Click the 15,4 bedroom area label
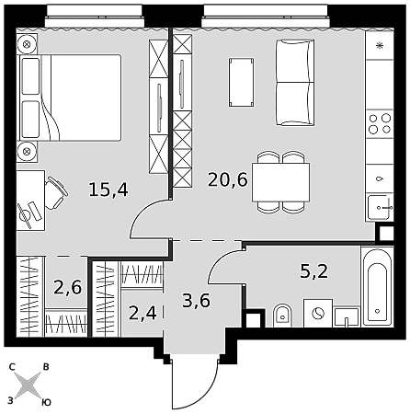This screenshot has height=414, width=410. pyautogui.click(x=108, y=190)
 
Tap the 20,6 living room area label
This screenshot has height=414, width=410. pyautogui.click(x=228, y=179)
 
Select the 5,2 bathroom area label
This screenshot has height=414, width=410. pyautogui.click(x=314, y=271)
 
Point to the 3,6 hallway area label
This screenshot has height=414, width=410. pyautogui.click(x=196, y=301)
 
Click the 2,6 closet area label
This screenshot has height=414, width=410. pyautogui.click(x=68, y=287)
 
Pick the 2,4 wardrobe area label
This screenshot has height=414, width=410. pyautogui.click(x=142, y=313)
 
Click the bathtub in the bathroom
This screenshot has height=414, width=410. pyautogui.click(x=377, y=286)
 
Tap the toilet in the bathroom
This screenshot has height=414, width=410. pyautogui.click(x=282, y=316)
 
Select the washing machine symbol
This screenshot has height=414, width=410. pyautogui.click(x=318, y=313)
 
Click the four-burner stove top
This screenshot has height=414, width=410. pyautogui.click(x=380, y=123)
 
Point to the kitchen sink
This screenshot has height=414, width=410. pyautogui.click(x=381, y=208)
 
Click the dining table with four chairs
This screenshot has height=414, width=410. pyautogui.click(x=280, y=182)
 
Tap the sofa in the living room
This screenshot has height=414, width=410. pyautogui.click(x=295, y=83)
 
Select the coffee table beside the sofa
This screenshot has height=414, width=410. pyautogui.click(x=241, y=82)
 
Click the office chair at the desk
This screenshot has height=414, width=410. pyautogui.click(x=55, y=193)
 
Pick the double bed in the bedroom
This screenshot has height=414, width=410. pyautogui.click(x=71, y=98)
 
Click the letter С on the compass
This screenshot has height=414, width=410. pyautogui.click(x=12, y=367)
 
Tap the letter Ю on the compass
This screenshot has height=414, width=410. pyautogui.click(x=46, y=402)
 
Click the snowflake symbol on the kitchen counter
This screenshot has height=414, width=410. pyautogui.click(x=380, y=46)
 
